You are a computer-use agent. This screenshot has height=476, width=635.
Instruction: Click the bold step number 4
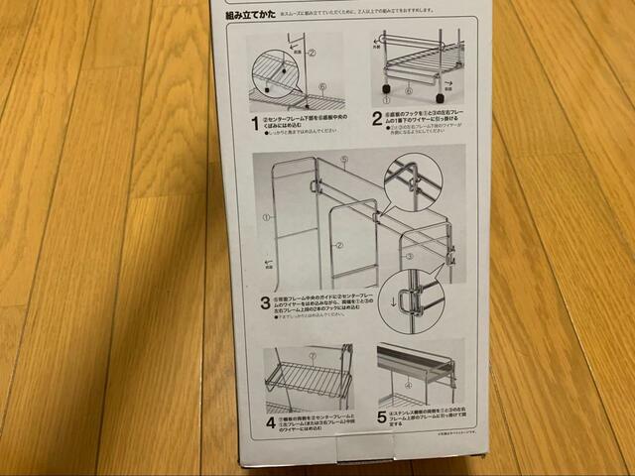(270, 423)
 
